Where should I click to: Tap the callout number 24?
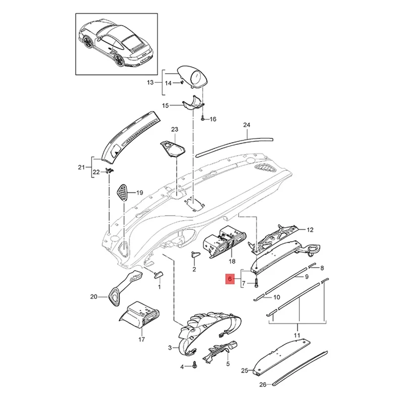(x=246, y=125)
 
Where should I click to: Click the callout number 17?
(x=141, y=340)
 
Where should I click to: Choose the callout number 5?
(x=228, y=363)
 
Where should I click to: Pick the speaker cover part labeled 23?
(x=173, y=148)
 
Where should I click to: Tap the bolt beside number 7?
(x=256, y=283)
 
